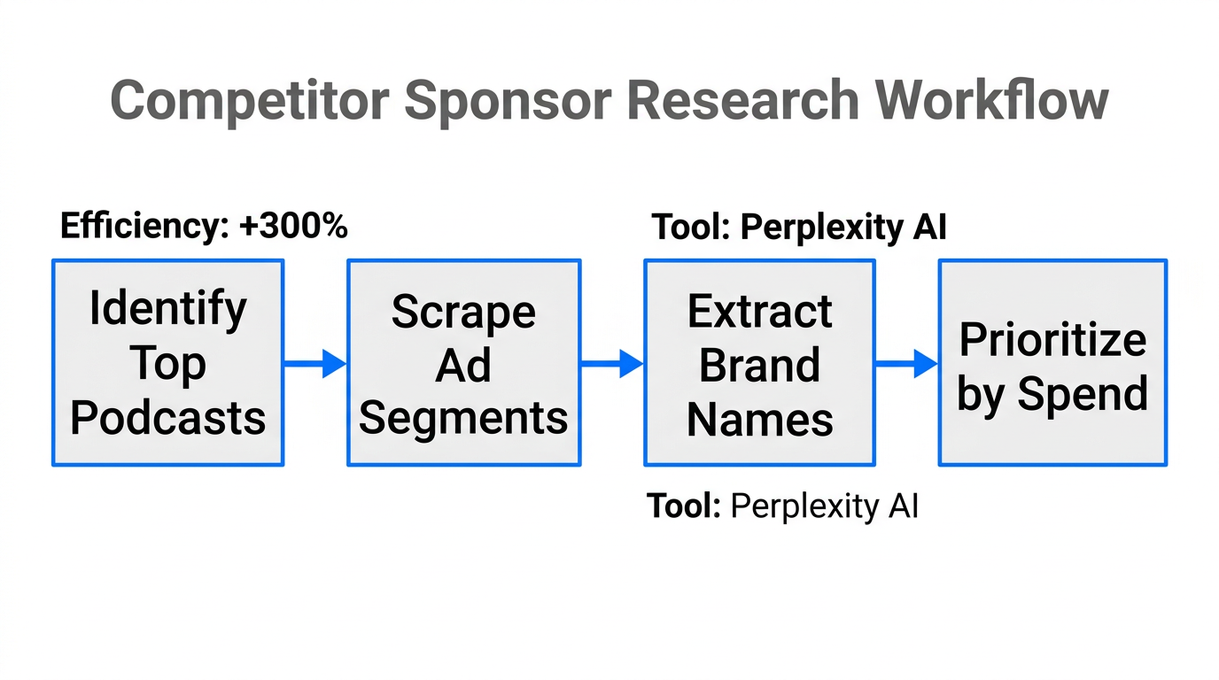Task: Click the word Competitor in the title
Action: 249,100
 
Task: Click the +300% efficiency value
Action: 293,227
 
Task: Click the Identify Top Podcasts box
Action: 167,362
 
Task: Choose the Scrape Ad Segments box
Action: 463,362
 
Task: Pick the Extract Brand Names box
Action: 759,362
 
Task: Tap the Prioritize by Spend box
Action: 1052,362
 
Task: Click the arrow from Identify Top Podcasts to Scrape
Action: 315,363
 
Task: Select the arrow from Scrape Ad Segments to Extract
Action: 612,363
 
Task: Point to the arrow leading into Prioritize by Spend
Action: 906,363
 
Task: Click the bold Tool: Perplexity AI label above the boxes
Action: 799,228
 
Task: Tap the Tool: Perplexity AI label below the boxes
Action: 782,506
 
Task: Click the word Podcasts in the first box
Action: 167,417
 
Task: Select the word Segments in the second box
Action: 463,417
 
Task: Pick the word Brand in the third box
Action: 759,365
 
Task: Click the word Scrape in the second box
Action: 463,312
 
